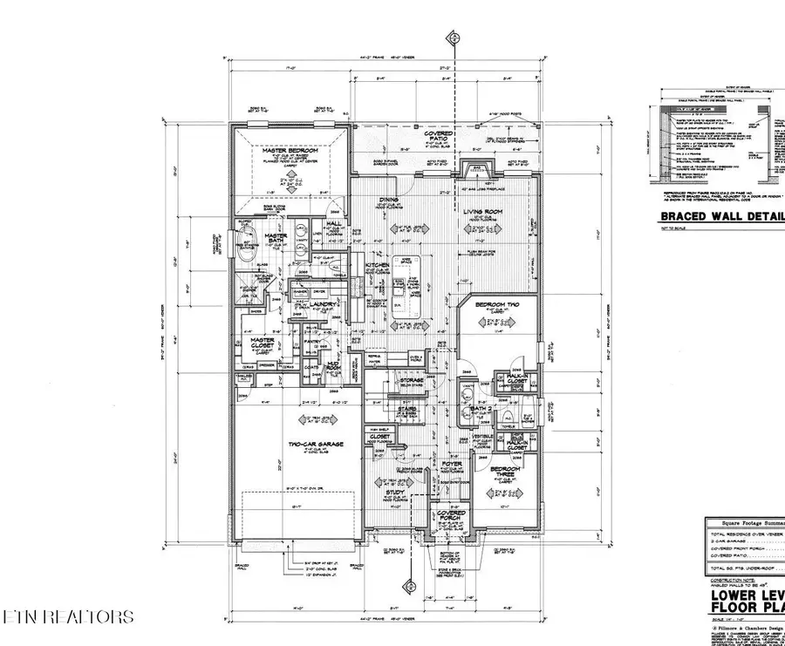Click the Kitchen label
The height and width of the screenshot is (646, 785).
coord(376,264)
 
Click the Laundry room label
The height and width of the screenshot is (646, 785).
coord(311,304)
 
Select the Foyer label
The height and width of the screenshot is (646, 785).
coord(451,464)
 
